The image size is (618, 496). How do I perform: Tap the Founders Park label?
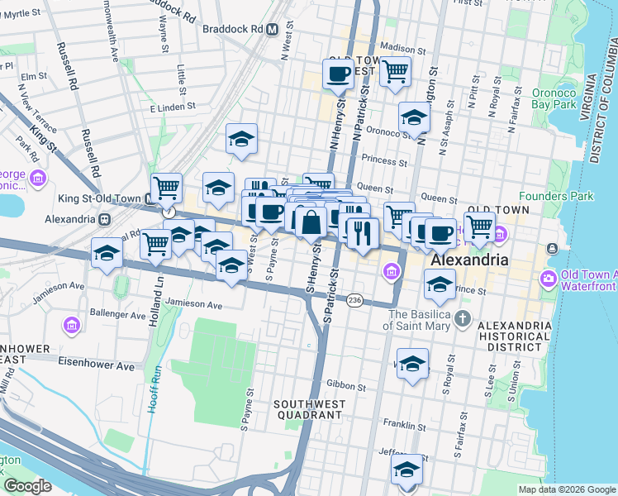(546, 197)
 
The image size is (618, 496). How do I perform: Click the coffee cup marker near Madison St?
(337, 74)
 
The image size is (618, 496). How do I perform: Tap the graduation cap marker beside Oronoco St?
(414, 117)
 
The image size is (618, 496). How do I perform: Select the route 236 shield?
(354, 298)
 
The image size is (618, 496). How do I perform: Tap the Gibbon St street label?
(346, 386)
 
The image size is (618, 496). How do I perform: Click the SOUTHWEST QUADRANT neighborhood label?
(302, 408)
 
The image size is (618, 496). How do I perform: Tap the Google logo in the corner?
(28, 486)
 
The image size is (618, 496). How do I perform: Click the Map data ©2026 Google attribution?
(566, 489)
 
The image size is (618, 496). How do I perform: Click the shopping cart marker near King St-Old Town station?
(166, 188)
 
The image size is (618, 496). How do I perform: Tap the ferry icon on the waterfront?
(551, 249)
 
